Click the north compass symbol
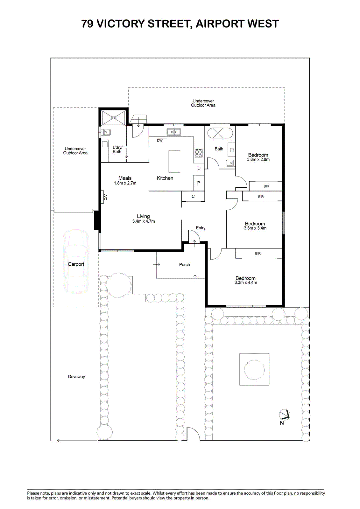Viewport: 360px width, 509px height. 284,415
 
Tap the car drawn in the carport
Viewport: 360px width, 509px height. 76,261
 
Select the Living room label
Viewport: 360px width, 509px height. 143,216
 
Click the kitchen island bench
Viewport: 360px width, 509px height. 174,161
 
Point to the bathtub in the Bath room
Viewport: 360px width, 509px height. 220,133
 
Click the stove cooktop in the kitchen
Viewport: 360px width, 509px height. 199,153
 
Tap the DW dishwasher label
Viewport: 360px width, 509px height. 160,140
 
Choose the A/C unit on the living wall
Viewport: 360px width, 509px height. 102,197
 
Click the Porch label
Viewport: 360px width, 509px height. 184,264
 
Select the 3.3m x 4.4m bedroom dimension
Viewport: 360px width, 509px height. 246,283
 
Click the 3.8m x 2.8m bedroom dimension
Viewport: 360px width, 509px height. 258,159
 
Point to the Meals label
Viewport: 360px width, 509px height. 125,178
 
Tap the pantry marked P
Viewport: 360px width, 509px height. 199,183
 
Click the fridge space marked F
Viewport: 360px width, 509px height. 199,169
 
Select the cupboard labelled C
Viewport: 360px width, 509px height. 193,196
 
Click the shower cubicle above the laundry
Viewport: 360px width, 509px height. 113,118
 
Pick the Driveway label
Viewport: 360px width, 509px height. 76,377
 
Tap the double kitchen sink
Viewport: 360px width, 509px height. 173,132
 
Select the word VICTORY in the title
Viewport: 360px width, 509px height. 121,24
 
